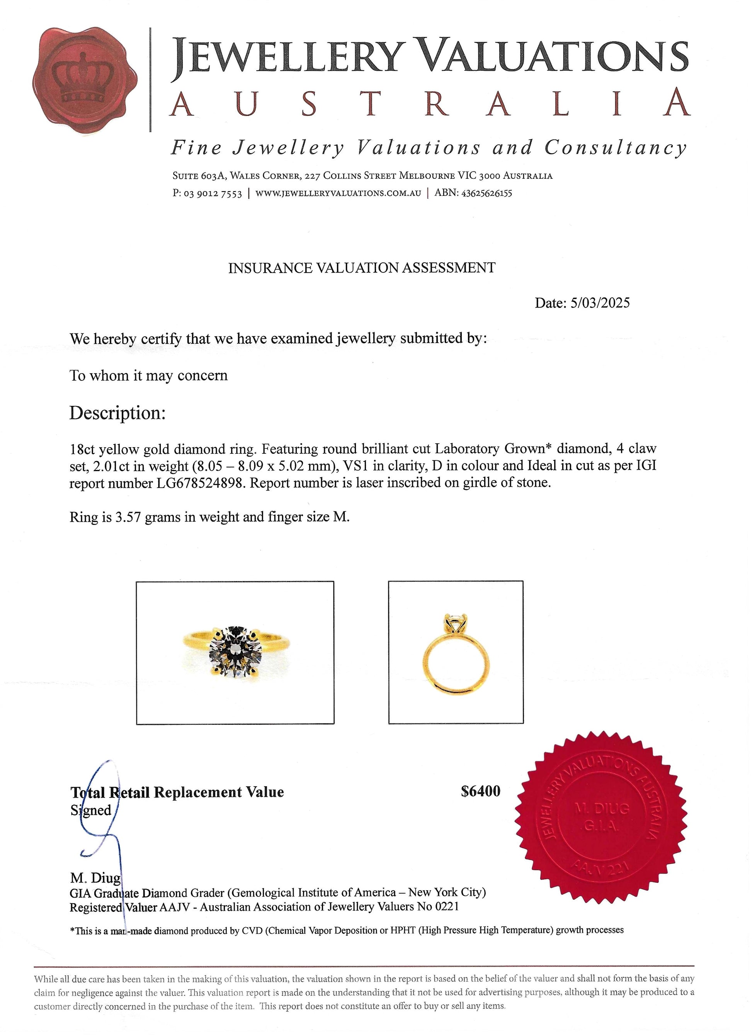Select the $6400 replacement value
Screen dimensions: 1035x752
click(480, 791)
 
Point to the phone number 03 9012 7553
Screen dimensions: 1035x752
click(213, 193)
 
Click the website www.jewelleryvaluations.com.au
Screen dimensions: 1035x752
click(338, 193)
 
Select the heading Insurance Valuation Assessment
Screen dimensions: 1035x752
click(361, 268)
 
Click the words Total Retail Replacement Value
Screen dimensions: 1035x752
click(177, 792)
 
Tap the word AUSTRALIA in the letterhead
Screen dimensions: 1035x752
click(429, 103)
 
